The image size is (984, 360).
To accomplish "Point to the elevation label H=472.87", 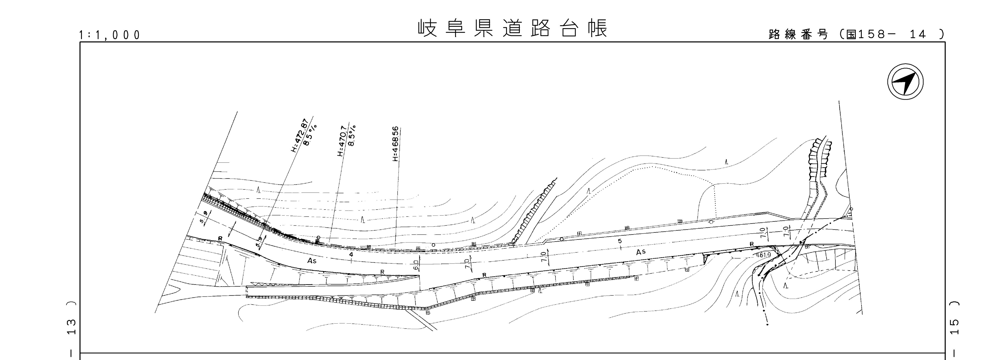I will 299,136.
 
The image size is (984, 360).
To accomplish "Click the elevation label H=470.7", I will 342,141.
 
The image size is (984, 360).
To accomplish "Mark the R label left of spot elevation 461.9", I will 752,244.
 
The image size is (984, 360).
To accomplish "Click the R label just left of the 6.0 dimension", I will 382,272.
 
